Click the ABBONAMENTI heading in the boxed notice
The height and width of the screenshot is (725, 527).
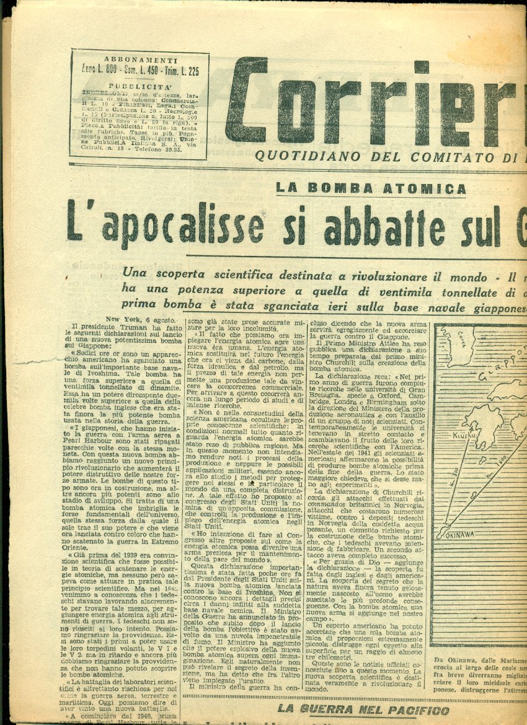(139, 59)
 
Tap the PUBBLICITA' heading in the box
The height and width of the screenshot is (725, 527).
(139, 87)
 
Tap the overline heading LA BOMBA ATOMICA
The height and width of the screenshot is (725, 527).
(371, 188)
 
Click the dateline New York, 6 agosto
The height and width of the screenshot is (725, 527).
(133, 319)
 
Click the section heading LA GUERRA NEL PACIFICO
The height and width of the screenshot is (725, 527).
(363, 710)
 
